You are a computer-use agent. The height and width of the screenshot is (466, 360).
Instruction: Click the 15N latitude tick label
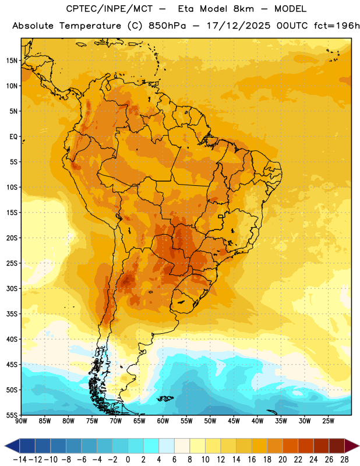[12, 61]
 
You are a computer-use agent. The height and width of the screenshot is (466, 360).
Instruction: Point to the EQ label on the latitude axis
[13, 137]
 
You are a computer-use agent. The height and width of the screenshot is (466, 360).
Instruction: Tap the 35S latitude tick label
[12, 314]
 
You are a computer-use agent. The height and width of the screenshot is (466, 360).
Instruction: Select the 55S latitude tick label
[12, 415]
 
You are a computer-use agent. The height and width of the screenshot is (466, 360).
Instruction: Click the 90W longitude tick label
[22, 421]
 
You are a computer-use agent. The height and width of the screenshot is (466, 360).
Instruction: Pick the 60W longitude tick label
[163, 421]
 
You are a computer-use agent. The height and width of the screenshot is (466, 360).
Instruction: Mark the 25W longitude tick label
[328, 421]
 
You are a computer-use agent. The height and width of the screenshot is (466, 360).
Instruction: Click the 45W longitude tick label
[234, 421]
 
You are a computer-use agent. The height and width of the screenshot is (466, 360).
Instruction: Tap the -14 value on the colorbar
[20, 460]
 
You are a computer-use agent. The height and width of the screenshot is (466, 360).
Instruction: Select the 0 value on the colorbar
[128, 460]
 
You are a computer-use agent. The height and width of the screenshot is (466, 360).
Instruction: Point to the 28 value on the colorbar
[344, 460]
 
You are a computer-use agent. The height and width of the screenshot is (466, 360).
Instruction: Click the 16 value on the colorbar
[252, 460]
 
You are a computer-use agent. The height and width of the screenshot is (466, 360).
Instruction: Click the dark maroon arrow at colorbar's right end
[352, 446]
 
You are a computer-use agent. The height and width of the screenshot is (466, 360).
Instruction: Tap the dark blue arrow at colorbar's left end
[12, 446]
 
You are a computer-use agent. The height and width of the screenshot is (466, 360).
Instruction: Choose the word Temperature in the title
[90, 26]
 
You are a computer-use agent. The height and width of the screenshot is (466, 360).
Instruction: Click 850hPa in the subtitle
[167, 26]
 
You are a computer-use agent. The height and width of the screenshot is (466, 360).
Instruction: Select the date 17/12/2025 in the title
[238, 26]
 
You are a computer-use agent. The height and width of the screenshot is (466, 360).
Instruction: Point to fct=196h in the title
[337, 26]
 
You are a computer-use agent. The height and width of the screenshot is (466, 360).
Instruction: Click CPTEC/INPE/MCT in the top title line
[109, 9]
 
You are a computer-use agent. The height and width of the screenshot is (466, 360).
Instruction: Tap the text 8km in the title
[243, 9]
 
